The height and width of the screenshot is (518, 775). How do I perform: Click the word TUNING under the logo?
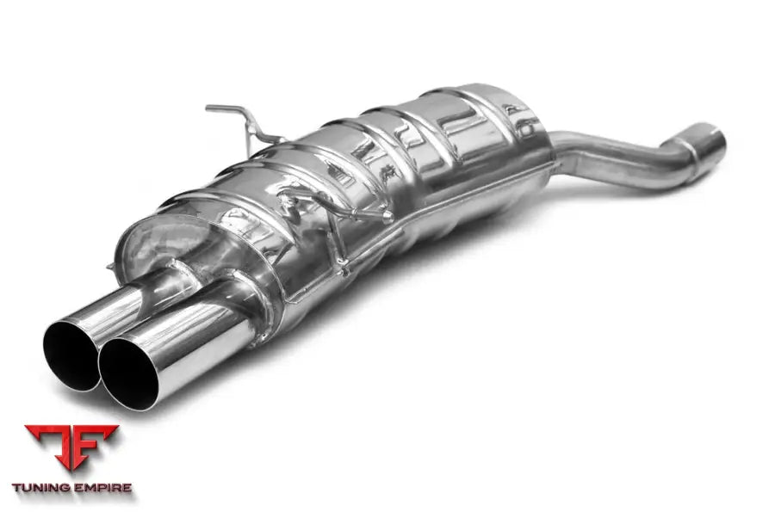click(46, 488)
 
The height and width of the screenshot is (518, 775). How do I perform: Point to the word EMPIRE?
click(103, 488)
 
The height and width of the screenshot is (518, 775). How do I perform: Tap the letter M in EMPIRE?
click(88, 488)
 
